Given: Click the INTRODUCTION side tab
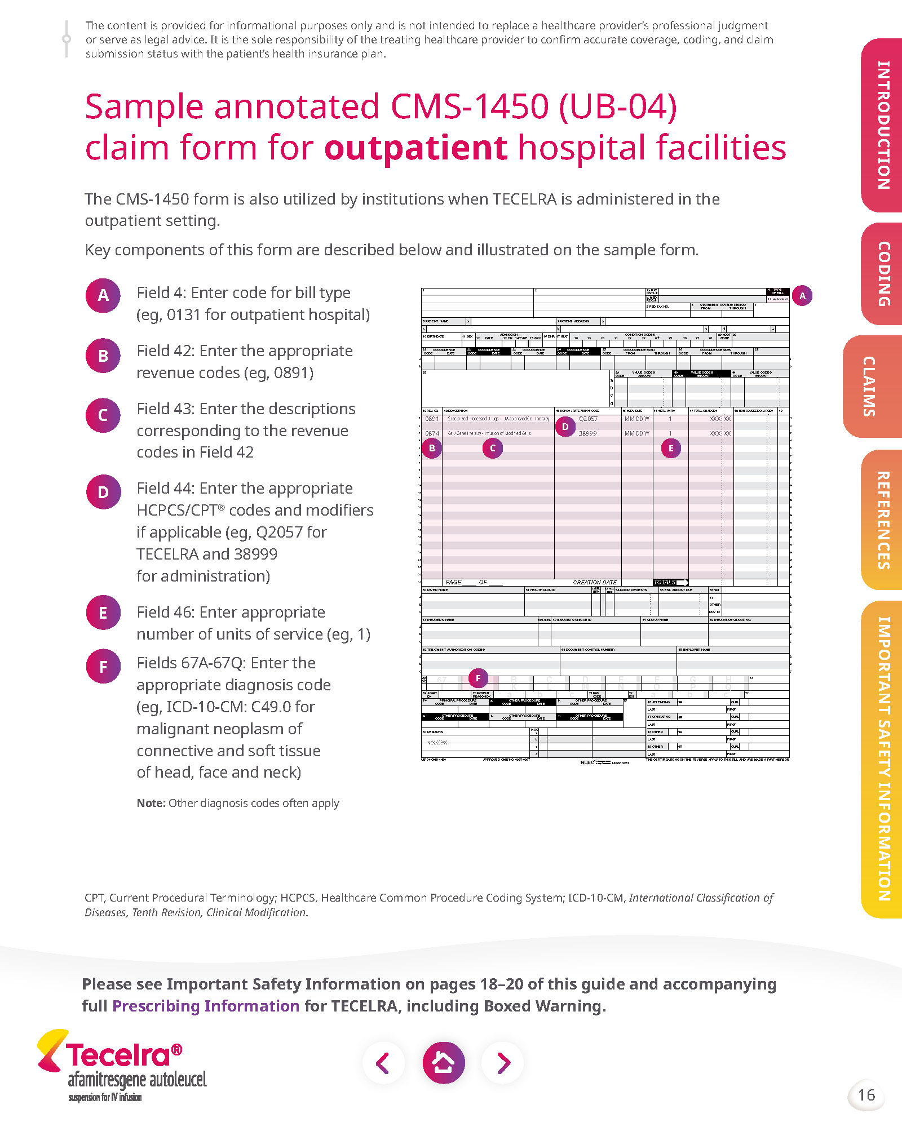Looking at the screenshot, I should pyautogui.click(x=883, y=125).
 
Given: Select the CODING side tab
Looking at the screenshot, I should pyautogui.click(x=883, y=274).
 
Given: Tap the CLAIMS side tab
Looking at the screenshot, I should pyautogui.click(x=870, y=387).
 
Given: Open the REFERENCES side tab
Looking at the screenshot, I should pyautogui.click(x=883, y=520).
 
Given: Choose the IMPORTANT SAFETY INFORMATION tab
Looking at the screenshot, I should pyautogui.click(x=883, y=758).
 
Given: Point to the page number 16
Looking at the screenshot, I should pyautogui.click(x=866, y=1095).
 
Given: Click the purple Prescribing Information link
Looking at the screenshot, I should pyautogui.click(x=206, y=1006).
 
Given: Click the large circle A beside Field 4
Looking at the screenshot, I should pyautogui.click(x=103, y=295).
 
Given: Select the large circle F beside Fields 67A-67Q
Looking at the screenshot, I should pyautogui.click(x=103, y=667).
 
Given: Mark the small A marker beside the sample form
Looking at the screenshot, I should pyautogui.click(x=802, y=296).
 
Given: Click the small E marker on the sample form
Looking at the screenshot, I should pyautogui.click(x=671, y=449).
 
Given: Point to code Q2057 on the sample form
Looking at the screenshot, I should pyautogui.click(x=588, y=419).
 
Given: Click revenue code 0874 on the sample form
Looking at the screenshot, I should pyautogui.click(x=432, y=433).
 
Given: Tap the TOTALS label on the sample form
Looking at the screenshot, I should pyautogui.click(x=665, y=582).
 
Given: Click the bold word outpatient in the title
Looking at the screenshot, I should pyautogui.click(x=416, y=148).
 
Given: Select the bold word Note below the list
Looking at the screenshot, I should pyautogui.click(x=151, y=803).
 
